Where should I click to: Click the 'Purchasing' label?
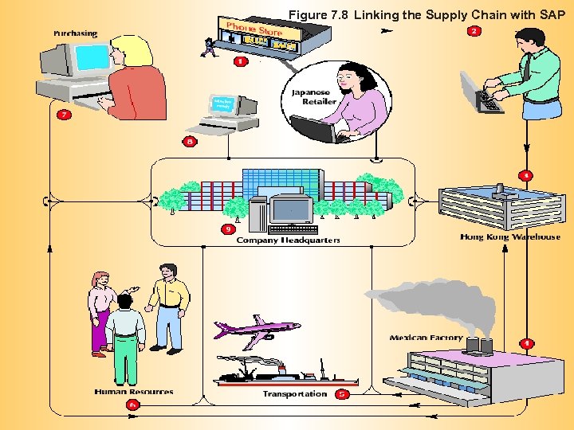(76, 33)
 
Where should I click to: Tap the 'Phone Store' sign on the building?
(255, 29)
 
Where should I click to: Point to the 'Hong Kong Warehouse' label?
(510, 236)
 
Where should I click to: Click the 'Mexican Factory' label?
(426, 338)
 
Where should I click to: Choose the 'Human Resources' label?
(133, 392)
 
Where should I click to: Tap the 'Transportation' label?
(294, 393)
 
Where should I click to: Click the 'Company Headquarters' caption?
(288, 240)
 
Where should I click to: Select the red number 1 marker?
(240, 61)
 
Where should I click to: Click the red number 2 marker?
(474, 31)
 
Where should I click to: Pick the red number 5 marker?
(341, 393)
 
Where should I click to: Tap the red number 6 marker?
(132, 405)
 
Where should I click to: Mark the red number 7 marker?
(63, 115)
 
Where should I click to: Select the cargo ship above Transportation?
(279, 371)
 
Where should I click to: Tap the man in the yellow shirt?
(167, 307)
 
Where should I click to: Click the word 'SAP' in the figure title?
(551, 14)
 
